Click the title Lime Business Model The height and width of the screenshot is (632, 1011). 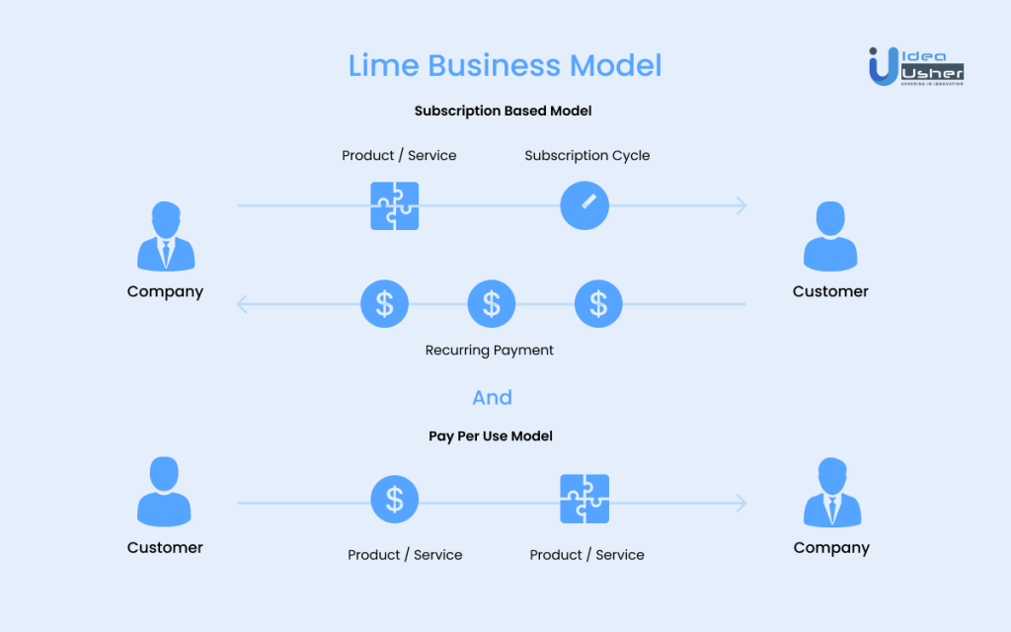(505, 66)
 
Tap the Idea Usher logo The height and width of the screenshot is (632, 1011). (915, 65)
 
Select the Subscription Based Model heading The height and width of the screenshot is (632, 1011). (503, 111)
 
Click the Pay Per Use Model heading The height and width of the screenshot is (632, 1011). (491, 435)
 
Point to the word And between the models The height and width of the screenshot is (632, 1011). (492, 397)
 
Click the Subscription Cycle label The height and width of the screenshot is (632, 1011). (586, 155)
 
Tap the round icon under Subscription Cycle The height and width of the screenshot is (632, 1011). (584, 205)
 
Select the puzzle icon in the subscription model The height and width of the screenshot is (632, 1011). (395, 205)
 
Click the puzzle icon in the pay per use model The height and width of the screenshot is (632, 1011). (584, 499)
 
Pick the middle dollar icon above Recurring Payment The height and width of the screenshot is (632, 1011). (491, 303)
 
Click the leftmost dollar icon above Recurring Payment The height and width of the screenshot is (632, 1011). (384, 303)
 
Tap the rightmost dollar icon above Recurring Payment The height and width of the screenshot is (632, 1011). (598, 303)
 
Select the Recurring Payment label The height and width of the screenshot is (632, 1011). (490, 350)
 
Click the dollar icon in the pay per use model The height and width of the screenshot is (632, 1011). (395, 499)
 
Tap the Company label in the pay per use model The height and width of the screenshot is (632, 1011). (831, 547)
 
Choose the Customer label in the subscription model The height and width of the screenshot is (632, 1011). (830, 291)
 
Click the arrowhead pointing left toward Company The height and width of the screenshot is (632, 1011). (242, 304)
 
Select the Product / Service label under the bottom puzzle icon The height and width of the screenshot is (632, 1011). (586, 555)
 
